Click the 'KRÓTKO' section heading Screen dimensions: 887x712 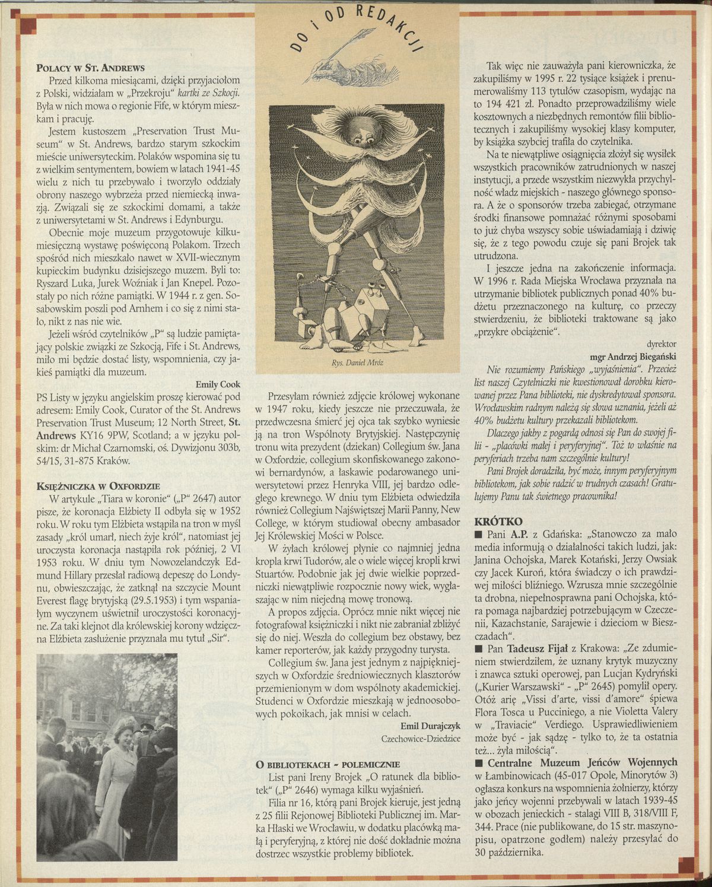tap(499, 522)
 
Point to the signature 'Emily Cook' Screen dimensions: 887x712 tap(218, 384)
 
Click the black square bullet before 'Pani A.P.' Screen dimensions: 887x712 tap(479, 536)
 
